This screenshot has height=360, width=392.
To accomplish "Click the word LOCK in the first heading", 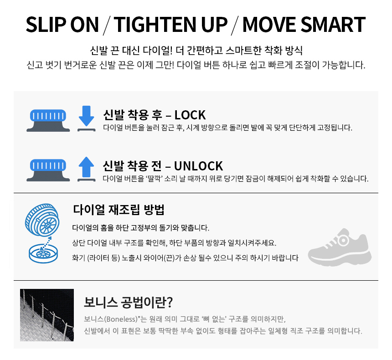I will pos(190,115).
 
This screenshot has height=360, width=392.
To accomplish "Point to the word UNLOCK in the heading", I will pos(199,165).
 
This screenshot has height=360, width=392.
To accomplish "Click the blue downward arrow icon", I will pos(86,118).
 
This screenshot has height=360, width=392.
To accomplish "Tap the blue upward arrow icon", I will pos(86,168).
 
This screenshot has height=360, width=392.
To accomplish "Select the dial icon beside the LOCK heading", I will pos(48,119).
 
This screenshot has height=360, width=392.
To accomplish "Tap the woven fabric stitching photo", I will pos(47,315).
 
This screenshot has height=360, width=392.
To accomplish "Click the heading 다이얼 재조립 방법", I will pos(119,210).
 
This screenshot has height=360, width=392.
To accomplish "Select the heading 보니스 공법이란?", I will pos(129,302).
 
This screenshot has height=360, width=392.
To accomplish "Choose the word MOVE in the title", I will pos(267,25).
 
